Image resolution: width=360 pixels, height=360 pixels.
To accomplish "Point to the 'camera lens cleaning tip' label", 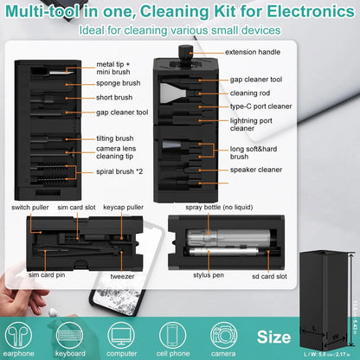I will point(118,154).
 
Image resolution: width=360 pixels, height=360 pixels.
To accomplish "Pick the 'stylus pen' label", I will point(209,275).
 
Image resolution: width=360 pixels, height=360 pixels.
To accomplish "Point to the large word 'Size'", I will point(275,335).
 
